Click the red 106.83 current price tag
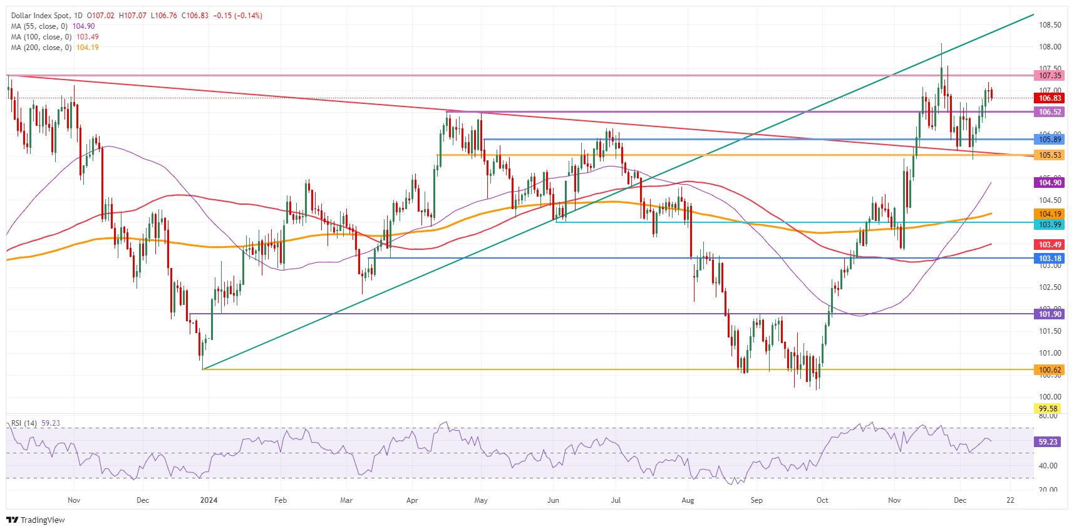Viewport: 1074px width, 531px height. click(x=1050, y=98)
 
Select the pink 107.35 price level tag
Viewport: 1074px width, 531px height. click(x=1050, y=76)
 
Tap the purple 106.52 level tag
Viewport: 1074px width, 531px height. click(x=1050, y=112)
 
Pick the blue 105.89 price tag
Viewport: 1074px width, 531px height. click(x=1050, y=140)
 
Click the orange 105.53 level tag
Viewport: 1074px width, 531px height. click(x=1050, y=155)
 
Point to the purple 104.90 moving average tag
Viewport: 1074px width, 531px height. click(x=1050, y=183)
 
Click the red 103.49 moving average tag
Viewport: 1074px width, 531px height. click(x=1050, y=245)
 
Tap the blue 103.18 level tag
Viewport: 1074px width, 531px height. click(x=1050, y=259)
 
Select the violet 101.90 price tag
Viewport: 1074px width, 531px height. click(x=1050, y=314)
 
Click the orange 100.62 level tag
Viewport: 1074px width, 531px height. click(x=1050, y=370)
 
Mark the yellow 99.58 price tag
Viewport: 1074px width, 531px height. click(x=1048, y=409)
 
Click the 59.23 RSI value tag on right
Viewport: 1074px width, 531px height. click(x=1048, y=442)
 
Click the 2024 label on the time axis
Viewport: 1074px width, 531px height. click(x=209, y=500)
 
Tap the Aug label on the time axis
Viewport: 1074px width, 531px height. click(x=688, y=500)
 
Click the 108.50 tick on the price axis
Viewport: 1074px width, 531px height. click(x=1050, y=25)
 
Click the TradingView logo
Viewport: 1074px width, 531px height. click(x=36, y=520)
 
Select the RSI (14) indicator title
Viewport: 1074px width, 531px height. click(x=24, y=423)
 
